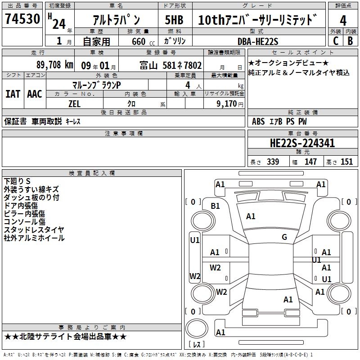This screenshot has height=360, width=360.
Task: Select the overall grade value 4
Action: (x=343, y=20)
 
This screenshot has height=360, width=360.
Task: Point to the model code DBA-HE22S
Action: (x=258, y=41)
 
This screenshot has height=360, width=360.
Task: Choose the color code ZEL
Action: (x=74, y=103)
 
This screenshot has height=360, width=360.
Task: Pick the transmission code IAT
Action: (x=13, y=94)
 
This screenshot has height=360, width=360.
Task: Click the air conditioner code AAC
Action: (x=34, y=94)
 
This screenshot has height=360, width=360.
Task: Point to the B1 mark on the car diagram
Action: (x=216, y=206)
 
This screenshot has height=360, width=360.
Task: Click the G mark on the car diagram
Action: (x=284, y=237)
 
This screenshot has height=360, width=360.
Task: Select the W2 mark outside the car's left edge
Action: (x=195, y=276)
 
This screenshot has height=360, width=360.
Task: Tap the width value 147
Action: (x=310, y=162)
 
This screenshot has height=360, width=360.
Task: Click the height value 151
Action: (x=346, y=162)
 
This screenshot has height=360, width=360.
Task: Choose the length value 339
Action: (x=273, y=162)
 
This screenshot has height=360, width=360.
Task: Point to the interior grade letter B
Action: (x=350, y=41)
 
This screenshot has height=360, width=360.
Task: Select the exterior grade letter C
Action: (x=335, y=41)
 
